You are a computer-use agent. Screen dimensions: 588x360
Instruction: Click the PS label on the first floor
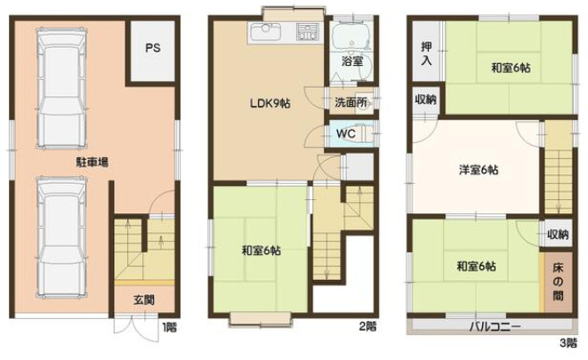[x=153, y=48]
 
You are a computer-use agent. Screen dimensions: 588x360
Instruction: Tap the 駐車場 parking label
[x=93, y=163]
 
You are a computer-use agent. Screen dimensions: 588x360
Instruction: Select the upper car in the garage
[x=61, y=88]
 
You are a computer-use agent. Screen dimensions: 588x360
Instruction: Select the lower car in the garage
[x=61, y=237]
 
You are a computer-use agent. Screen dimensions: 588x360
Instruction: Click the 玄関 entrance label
[x=144, y=300]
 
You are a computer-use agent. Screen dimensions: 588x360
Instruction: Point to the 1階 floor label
[x=169, y=327]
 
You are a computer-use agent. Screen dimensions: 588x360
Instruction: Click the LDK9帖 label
[x=270, y=103]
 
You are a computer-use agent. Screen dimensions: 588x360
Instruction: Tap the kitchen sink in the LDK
[x=265, y=31]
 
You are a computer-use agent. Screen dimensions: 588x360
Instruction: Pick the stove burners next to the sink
[x=308, y=31]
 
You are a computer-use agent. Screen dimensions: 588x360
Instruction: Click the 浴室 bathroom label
[x=352, y=61]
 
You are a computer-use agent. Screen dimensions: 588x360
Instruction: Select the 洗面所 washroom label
[x=350, y=102]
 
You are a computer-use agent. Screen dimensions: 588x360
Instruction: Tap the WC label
[x=345, y=133]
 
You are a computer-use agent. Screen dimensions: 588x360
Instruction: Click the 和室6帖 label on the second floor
[x=261, y=251]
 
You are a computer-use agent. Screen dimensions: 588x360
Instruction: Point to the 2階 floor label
[x=368, y=326]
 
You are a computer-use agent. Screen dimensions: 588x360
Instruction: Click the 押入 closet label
[x=426, y=53]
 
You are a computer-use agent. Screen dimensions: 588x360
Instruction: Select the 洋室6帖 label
[x=479, y=170]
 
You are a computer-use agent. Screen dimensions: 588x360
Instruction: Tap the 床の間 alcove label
[x=558, y=281]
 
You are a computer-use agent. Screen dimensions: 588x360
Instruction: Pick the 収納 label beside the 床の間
[x=558, y=235]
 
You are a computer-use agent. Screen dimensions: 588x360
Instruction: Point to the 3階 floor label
[x=568, y=342]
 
